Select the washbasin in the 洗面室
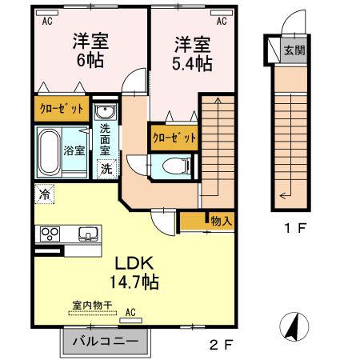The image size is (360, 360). point(106,111)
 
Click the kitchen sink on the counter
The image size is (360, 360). point(88,234)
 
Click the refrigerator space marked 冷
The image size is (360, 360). point(44,194)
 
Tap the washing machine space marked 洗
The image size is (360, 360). point(106,169)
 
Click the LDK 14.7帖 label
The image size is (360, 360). point(134,273)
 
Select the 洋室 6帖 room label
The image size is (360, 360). point(90,50)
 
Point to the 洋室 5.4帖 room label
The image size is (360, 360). point(192,54)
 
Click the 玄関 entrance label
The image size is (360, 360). point(294,50)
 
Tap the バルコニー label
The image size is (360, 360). point(106,342)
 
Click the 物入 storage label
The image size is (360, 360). point(221,221)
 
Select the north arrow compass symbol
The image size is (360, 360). point(294,326)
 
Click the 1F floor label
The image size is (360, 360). point(295,228)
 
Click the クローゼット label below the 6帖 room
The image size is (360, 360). point(62,109)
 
